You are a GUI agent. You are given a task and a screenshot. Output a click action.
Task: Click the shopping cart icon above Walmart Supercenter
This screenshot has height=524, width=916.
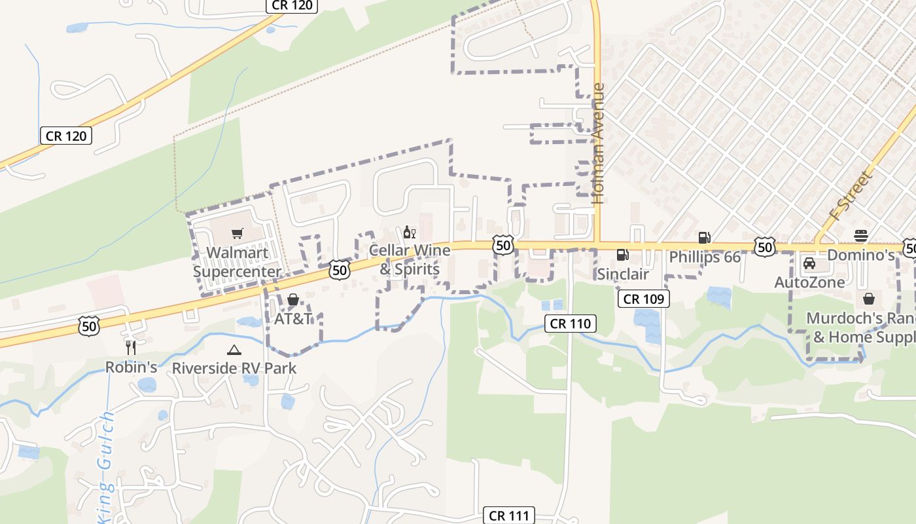pyautogui.click(x=238, y=233)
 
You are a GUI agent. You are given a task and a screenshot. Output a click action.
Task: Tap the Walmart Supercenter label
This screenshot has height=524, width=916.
pyautogui.click(x=237, y=262)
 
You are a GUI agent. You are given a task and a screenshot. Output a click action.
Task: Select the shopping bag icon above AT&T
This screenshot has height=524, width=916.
pyautogui.click(x=293, y=300)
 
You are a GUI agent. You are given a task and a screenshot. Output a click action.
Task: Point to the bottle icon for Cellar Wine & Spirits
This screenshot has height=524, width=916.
pyautogui.click(x=409, y=232)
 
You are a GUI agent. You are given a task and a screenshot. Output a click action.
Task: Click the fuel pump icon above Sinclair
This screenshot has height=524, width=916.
pyautogui.click(x=622, y=254)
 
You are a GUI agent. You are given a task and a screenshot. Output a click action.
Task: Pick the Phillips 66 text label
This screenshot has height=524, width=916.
pyautogui.click(x=705, y=257)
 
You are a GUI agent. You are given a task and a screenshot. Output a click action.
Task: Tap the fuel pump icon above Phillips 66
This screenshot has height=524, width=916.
pyautogui.click(x=704, y=238)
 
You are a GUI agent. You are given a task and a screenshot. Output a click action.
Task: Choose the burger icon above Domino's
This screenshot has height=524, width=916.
pyautogui.click(x=861, y=236)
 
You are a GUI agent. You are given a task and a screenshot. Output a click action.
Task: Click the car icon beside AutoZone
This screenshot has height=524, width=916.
pyautogui.click(x=809, y=263)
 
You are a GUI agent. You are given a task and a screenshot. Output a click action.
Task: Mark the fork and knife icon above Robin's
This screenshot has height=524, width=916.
pyautogui.click(x=131, y=348)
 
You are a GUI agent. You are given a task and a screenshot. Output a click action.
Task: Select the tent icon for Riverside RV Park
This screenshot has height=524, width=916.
pyautogui.click(x=234, y=350)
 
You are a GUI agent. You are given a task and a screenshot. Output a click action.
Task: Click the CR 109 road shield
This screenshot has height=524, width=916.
pyautogui.click(x=644, y=299)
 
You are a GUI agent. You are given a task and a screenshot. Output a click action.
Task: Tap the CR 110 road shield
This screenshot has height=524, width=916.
pyautogui.click(x=571, y=323)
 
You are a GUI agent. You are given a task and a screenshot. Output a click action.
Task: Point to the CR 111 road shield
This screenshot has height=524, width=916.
pyautogui.click(x=509, y=515)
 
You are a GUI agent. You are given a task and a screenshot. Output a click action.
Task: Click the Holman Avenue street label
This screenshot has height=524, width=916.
pyautogui.click(x=597, y=143)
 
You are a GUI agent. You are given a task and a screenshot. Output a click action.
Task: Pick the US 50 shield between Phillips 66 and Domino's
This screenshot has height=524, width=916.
pyautogui.click(x=764, y=248)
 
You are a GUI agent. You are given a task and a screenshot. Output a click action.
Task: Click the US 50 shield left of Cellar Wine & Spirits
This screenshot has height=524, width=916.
pyautogui.click(x=340, y=269)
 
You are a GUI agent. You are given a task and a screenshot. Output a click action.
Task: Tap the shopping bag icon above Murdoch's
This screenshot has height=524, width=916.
pyautogui.click(x=868, y=299)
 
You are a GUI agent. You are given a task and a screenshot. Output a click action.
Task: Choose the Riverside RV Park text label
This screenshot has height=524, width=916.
pyautogui.click(x=234, y=368)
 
